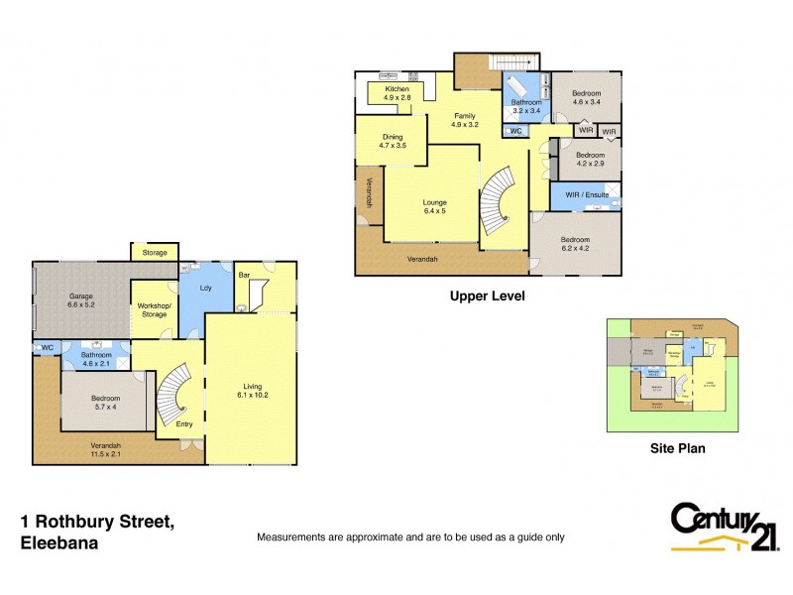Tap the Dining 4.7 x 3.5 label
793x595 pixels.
tap(393, 141)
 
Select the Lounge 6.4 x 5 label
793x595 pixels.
tap(435, 205)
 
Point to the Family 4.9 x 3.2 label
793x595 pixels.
tap(464, 120)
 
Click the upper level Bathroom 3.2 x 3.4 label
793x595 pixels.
tap(526, 106)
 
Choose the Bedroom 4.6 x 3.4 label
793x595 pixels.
tap(586, 96)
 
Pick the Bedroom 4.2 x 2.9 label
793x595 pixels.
tap(591, 160)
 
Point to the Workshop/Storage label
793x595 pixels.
tap(155, 308)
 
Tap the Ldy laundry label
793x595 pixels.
tap(205, 289)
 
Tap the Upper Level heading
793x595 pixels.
tap(487, 296)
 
